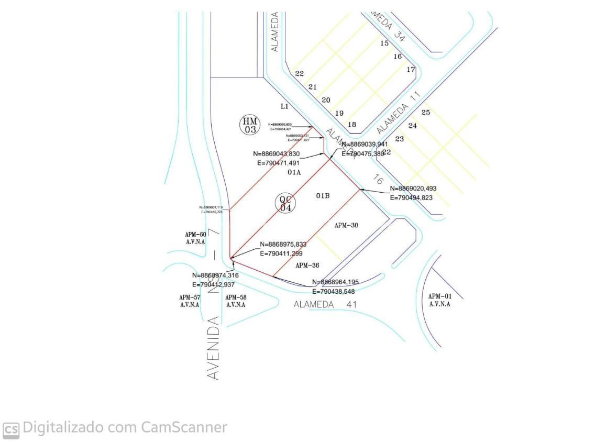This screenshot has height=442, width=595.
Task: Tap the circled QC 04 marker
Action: pyautogui.click(x=285, y=203)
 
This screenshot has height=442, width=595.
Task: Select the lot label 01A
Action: pyautogui.click(x=294, y=172)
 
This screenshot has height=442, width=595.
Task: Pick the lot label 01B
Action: pyautogui.click(x=323, y=196)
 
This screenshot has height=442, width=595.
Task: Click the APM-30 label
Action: pyautogui.click(x=346, y=226)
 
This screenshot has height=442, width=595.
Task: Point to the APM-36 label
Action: pyautogui.click(x=307, y=266)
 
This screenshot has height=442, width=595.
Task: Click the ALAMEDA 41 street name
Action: pyautogui.click(x=325, y=304)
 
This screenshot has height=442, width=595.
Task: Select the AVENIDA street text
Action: pyautogui.click(x=213, y=348)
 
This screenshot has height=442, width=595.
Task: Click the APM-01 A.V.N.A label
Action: pyautogui.click(x=440, y=300)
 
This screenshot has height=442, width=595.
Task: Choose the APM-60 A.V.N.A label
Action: pyautogui.click(x=195, y=238)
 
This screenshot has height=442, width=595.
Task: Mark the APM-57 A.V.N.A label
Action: pyautogui.click(x=190, y=301)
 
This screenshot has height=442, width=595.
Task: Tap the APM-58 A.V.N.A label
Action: pyautogui.click(x=236, y=301)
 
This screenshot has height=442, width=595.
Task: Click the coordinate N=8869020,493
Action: pyautogui.click(x=413, y=189)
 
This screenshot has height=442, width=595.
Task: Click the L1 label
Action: pyautogui.click(x=284, y=106)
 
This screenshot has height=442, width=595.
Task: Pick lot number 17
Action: pyautogui.click(x=411, y=70)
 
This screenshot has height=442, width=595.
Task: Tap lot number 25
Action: pyautogui.click(x=425, y=113)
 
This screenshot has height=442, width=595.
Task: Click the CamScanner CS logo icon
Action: pyautogui.click(x=11, y=429)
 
